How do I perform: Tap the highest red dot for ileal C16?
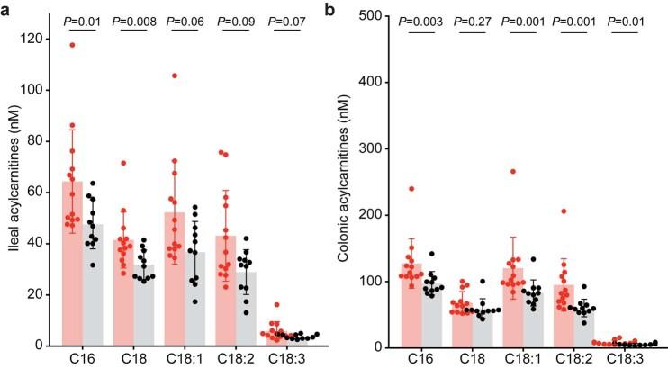click(72, 45)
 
